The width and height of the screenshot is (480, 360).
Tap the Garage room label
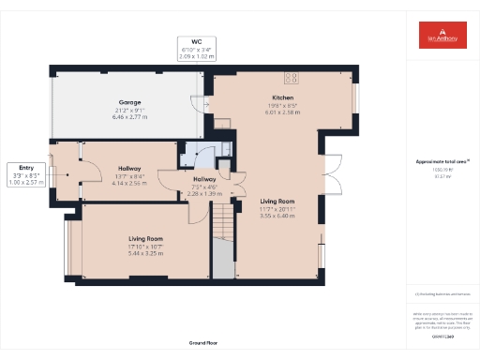point(129,101)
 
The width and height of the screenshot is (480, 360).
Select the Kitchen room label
point(284,97)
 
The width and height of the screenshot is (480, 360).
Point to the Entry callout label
point(25,169)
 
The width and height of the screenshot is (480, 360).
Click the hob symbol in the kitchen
point(292,77)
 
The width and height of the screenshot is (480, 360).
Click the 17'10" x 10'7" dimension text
point(145,247)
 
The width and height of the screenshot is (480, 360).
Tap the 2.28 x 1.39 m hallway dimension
point(203,192)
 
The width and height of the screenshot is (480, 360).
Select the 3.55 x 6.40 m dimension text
point(277,216)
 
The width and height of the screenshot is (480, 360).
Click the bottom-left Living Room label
point(145,239)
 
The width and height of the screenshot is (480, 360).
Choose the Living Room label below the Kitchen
point(277,201)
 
